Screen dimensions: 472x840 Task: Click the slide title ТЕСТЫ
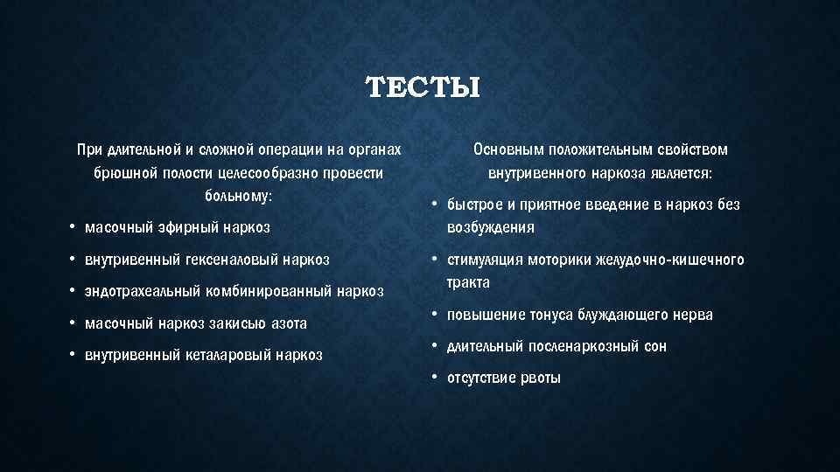coord(423,87)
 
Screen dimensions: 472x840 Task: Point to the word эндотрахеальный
coord(138,291)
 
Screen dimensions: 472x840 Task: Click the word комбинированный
coord(265,291)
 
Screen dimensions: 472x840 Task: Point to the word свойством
coord(693,149)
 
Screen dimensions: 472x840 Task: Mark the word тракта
coord(468,282)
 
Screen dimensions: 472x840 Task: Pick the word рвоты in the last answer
coord(540,378)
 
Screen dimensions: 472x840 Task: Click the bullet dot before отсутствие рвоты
coord(433,378)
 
